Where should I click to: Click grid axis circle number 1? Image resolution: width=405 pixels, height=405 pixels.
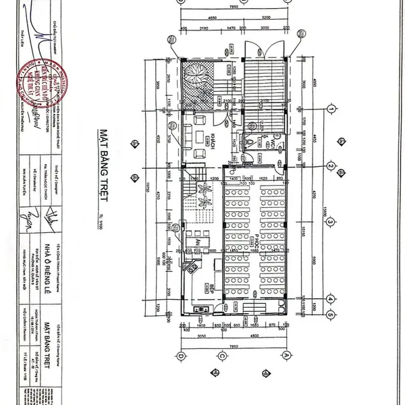pyautogui.click(x=331, y=109)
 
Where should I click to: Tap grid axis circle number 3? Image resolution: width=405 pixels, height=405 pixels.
pyautogui.click(x=331, y=221)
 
